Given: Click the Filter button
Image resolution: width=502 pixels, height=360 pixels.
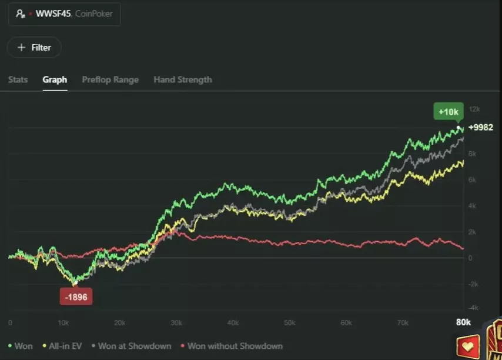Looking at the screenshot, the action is [34, 48].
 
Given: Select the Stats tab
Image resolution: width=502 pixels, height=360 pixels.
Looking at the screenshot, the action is [18, 79].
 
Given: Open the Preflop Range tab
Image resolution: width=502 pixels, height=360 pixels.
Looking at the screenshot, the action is [110, 79].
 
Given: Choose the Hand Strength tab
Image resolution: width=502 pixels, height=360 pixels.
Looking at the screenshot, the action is [182, 79].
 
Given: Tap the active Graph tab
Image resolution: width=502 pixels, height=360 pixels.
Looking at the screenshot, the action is [55, 79].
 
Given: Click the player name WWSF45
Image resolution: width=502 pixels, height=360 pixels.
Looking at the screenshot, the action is [53, 14].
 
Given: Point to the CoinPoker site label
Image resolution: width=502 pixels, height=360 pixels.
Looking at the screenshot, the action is [94, 14].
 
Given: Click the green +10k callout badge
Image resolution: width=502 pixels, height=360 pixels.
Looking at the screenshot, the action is [448, 111].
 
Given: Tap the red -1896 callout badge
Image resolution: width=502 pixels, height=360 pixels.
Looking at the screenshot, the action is [76, 297].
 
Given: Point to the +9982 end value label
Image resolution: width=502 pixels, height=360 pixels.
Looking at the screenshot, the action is [481, 128].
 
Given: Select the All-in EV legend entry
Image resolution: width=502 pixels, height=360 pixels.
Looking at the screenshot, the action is [62, 346].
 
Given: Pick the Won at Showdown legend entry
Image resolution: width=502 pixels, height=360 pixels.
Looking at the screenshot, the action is [131, 346].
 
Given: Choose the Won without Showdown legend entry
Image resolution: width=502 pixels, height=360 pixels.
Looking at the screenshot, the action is [232, 346].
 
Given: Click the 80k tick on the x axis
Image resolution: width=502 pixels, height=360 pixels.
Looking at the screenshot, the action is [463, 322].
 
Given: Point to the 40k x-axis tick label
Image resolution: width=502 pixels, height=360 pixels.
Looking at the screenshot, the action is [233, 323].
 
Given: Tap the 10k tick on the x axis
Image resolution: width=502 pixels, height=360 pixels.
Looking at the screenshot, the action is [63, 323].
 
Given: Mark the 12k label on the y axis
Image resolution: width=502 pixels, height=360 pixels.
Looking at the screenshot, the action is [474, 109].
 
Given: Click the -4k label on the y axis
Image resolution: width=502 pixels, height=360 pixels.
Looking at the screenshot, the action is [473, 308].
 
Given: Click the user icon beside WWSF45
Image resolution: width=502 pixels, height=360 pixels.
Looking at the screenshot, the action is [21, 14].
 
